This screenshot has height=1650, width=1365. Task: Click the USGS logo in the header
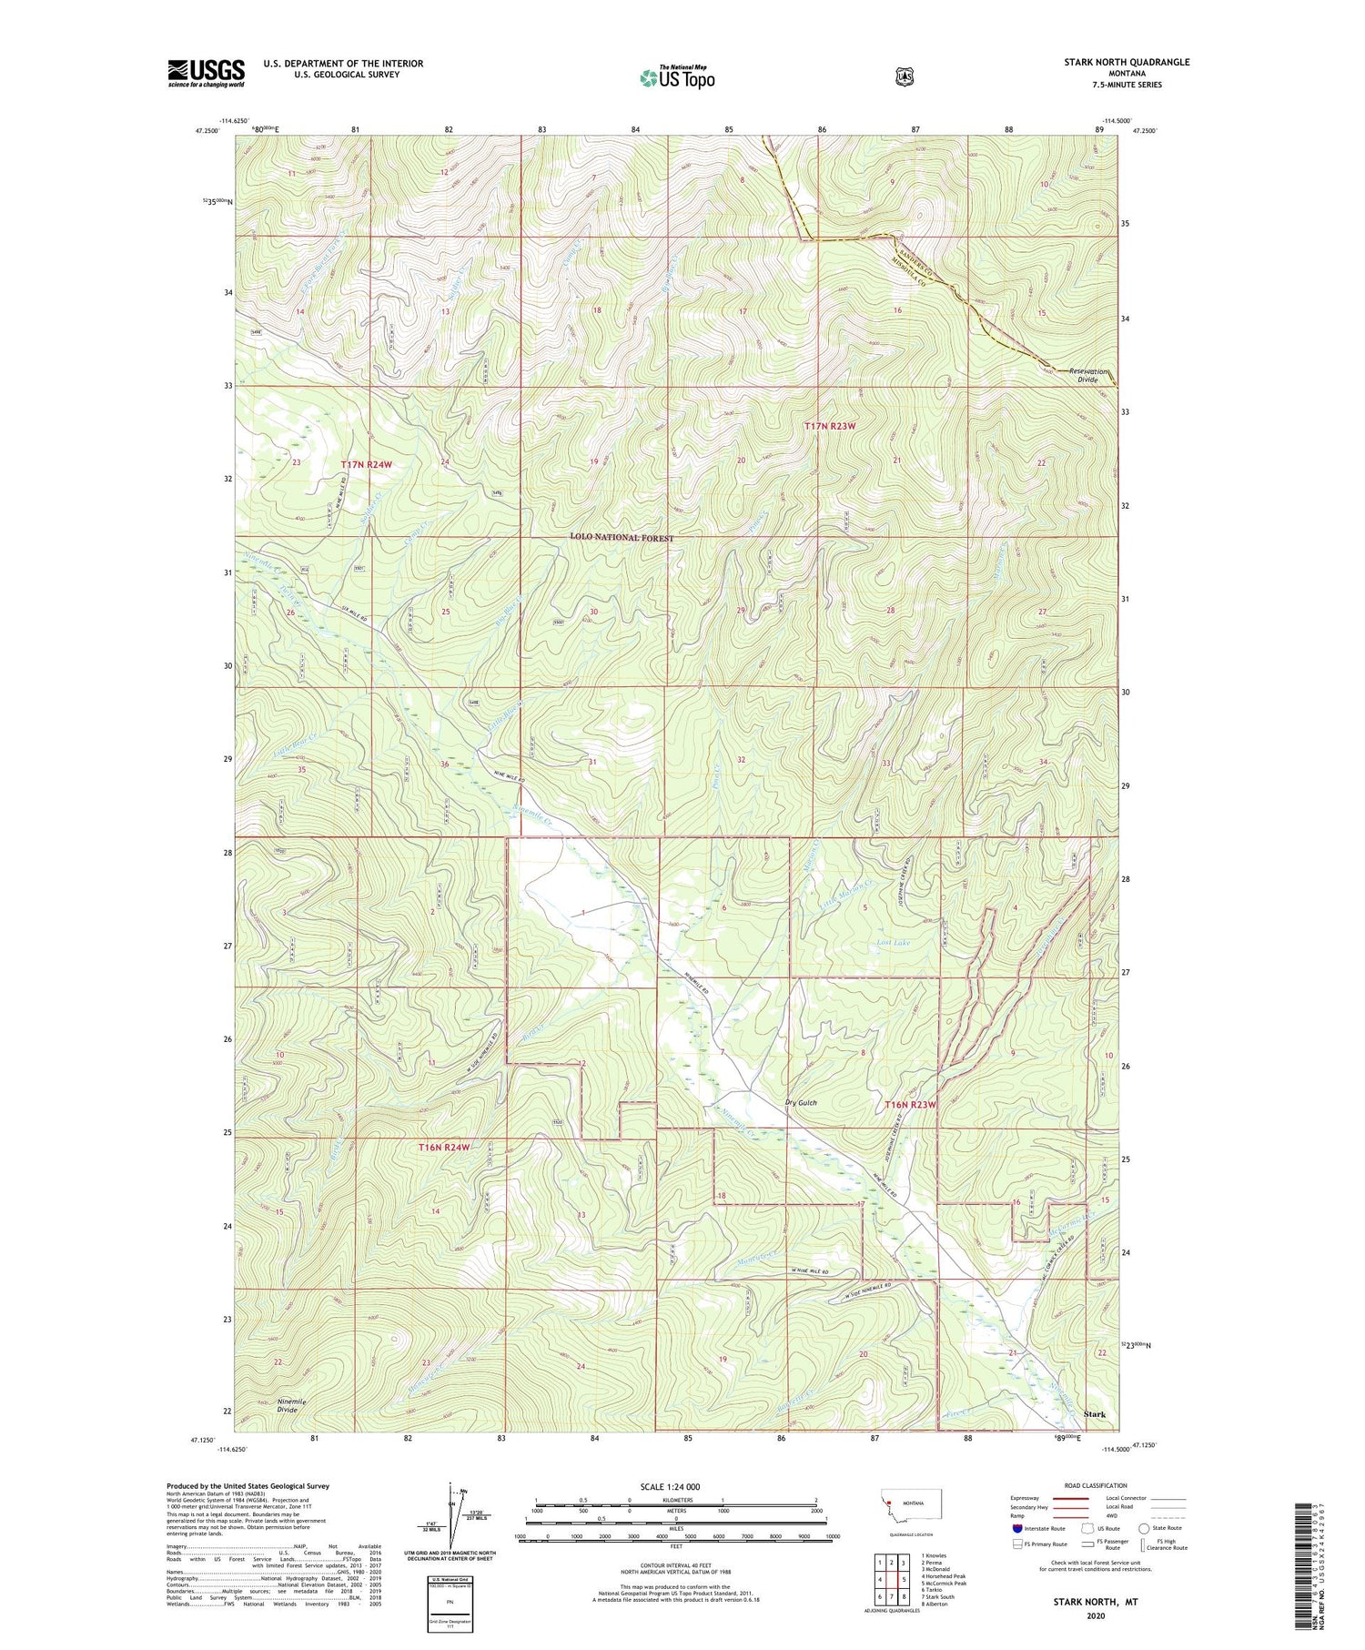tap(206, 73)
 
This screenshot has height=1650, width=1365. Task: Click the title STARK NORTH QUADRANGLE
tap(1127, 62)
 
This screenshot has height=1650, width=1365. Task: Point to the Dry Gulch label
tap(801, 1103)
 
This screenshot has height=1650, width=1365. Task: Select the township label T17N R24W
tap(366, 465)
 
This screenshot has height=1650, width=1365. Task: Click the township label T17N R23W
tap(830, 426)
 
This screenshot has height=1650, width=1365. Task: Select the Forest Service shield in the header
tap(903, 76)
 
